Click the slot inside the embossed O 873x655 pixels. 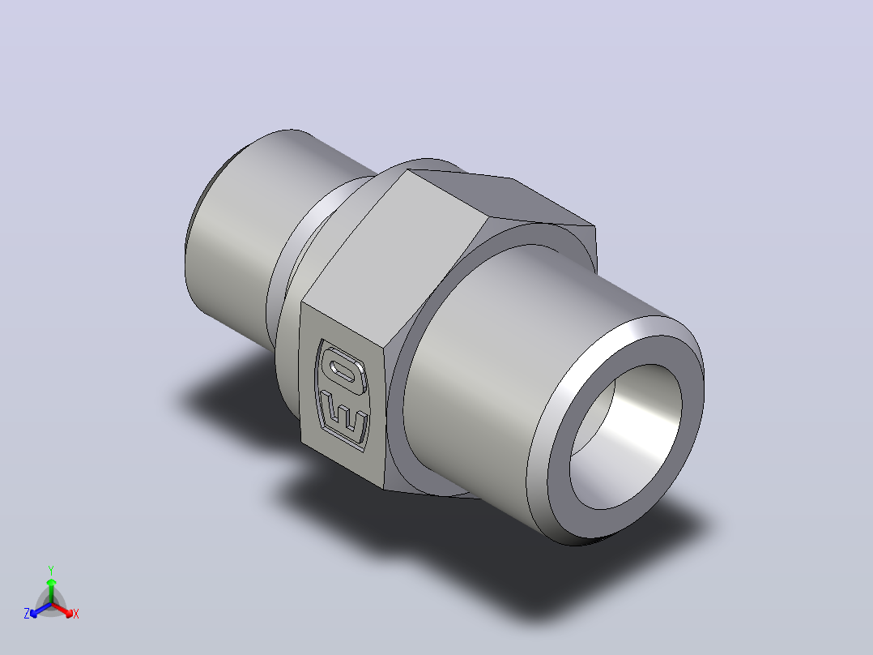[x=345, y=370]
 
